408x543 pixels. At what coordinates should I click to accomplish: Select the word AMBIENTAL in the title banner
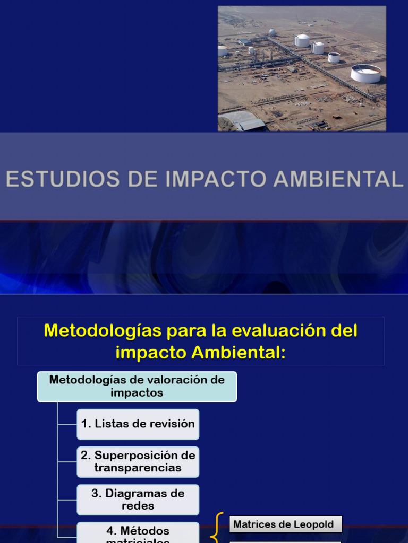[x=338, y=179]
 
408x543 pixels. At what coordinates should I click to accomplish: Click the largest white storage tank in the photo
[x=365, y=73]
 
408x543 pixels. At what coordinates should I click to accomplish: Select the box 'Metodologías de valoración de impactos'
[x=137, y=387]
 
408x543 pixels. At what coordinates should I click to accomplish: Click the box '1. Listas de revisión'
[x=138, y=424]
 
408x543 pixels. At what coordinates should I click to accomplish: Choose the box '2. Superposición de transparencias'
[x=138, y=462]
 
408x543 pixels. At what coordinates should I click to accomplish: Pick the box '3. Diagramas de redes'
[x=138, y=500]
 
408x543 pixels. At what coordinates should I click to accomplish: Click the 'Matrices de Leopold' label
[x=284, y=524]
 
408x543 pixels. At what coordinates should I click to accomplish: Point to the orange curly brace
[x=216, y=528]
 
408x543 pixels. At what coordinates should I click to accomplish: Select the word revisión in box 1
[x=172, y=424]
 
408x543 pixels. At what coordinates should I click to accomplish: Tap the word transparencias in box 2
[x=138, y=468]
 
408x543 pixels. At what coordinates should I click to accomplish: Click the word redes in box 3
[x=138, y=506]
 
